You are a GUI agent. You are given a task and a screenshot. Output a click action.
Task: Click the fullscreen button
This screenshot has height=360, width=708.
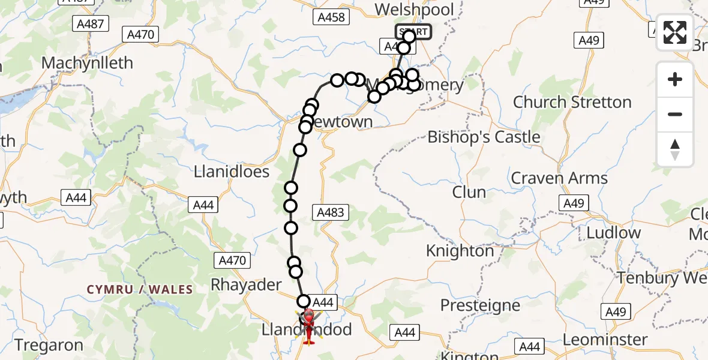coord(675,32)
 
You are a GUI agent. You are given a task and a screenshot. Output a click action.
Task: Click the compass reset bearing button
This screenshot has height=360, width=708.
coord(675,149)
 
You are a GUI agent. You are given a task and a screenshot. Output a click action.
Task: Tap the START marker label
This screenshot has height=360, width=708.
coord(413,32)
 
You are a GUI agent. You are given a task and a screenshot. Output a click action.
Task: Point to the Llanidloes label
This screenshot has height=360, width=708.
coord(231,172)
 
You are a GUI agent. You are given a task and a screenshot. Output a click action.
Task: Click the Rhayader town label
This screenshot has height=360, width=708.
coord(246,284)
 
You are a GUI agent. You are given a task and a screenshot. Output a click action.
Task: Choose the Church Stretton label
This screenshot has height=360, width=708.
coord(572,102)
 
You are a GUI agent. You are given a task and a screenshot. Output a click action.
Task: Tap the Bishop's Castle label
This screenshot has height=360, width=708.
coord(484,137)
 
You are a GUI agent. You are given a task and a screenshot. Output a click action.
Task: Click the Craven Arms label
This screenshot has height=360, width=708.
coord(559,178)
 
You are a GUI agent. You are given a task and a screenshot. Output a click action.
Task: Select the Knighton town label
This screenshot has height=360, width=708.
coord(460,251)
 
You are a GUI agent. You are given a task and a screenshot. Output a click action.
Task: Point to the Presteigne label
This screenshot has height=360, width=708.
coord(480,305)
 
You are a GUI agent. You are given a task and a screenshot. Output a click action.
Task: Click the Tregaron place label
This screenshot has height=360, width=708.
coord(49,345)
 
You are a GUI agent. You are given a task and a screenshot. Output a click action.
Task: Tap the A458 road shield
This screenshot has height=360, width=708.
coord(331,17)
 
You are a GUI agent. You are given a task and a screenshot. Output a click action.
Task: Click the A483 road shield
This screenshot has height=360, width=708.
coord(331,212)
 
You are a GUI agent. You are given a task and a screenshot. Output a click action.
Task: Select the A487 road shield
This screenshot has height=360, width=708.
coord(91,24)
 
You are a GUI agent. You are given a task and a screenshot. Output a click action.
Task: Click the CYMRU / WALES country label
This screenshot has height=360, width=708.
coord(140,290)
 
